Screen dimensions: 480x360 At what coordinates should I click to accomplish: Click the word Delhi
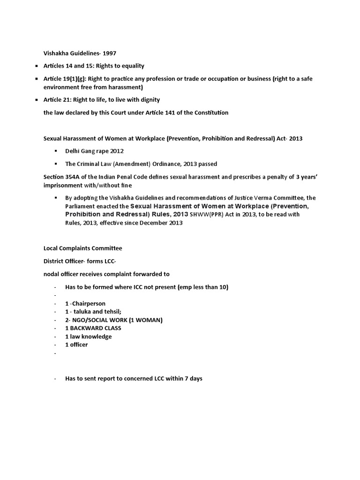pos(74,152)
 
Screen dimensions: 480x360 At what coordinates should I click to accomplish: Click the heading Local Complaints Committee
pos(82,248)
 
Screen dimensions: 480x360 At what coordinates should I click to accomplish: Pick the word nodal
pos(51,274)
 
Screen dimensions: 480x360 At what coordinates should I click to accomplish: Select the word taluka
pos(83,312)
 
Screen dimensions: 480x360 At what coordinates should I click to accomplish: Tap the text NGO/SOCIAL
pos(93,320)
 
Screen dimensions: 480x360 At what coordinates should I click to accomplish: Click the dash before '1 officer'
pos(55,345)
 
